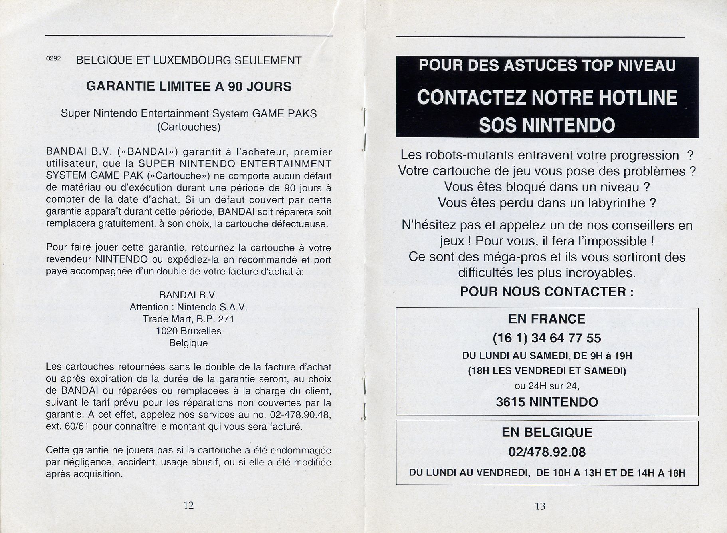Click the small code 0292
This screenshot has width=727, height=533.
pyautogui.click(x=53, y=58)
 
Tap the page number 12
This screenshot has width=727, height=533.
pyautogui.click(x=188, y=505)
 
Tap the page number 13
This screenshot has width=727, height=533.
pyautogui.click(x=540, y=506)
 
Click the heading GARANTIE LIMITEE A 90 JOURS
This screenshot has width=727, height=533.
pyautogui.click(x=189, y=87)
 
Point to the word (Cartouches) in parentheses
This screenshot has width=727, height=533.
pyautogui.click(x=189, y=127)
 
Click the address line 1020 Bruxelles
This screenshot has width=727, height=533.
pyautogui.click(x=189, y=331)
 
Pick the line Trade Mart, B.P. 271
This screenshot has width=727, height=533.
pyautogui.click(x=188, y=319)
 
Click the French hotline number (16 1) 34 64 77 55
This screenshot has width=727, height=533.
pyautogui.click(x=547, y=338)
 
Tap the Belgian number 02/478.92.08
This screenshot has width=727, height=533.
pyautogui.click(x=547, y=452)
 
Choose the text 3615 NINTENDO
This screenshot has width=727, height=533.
pyautogui.click(x=547, y=402)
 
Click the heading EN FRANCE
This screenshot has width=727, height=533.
pyautogui.click(x=547, y=319)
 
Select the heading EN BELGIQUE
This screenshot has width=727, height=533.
pyautogui.click(x=547, y=432)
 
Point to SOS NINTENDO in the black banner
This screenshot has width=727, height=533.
pyautogui.click(x=547, y=125)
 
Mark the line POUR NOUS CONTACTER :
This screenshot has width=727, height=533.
pyautogui.click(x=547, y=292)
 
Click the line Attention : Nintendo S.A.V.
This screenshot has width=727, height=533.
pyautogui.click(x=188, y=307)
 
